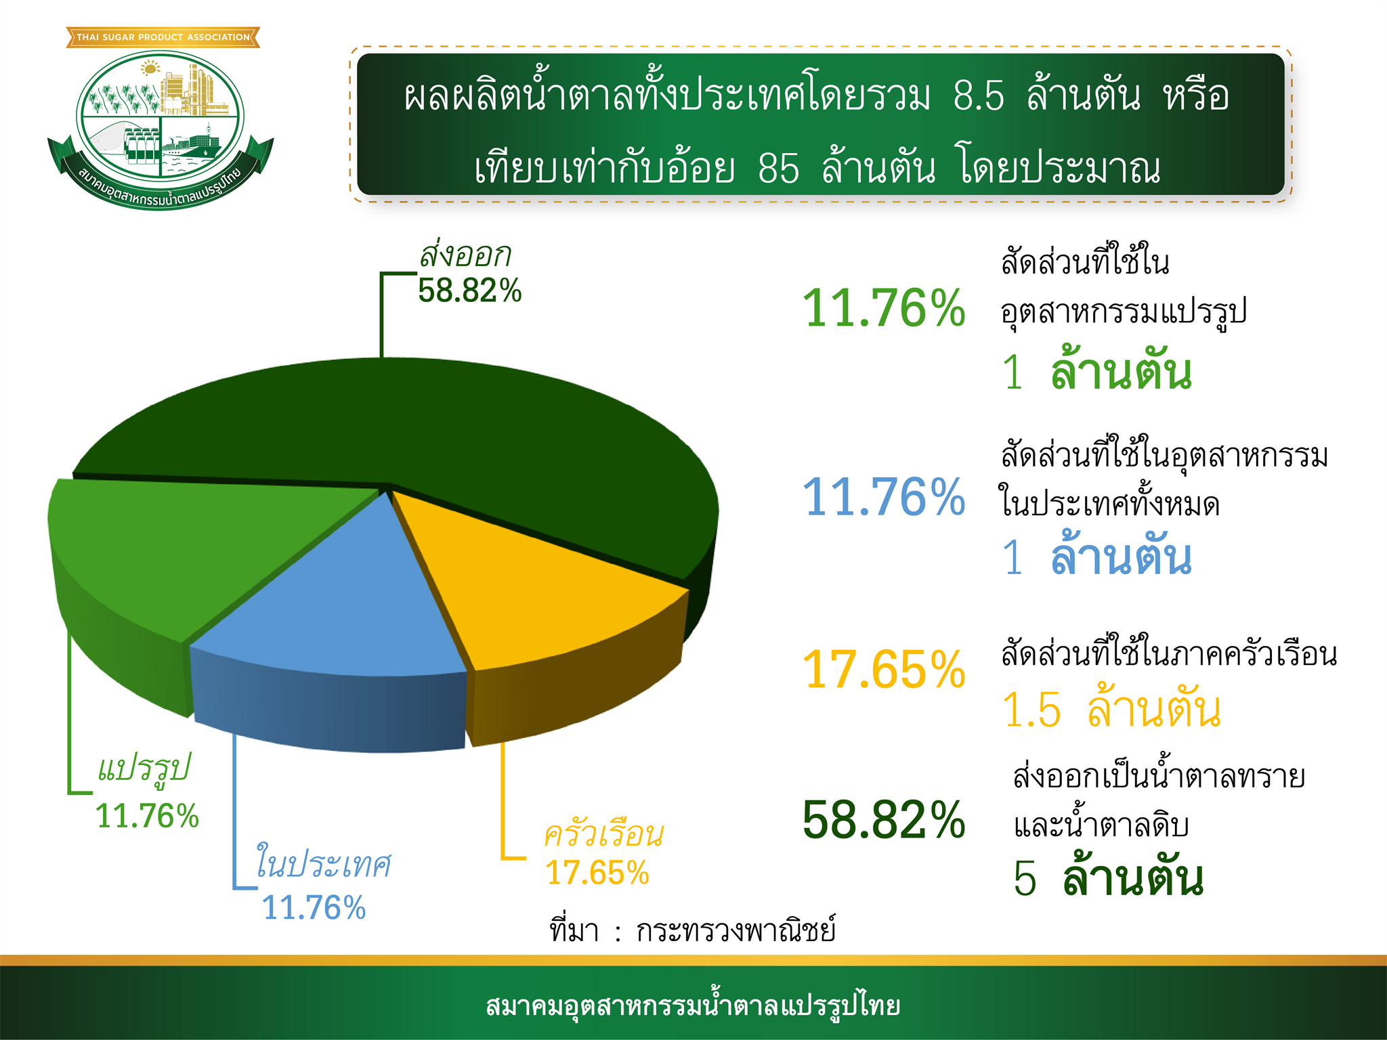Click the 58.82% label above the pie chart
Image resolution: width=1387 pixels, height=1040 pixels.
470,290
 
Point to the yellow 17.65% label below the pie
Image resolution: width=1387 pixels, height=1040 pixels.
597,872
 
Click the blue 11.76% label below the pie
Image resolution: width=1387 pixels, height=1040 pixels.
314,907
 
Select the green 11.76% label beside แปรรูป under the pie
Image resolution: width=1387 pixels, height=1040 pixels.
147,815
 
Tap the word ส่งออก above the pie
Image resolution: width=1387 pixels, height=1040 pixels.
465,255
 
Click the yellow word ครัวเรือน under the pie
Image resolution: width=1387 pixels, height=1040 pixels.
604,833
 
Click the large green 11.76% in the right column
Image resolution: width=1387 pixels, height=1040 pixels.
884,308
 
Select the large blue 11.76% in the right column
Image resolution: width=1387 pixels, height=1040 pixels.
884,497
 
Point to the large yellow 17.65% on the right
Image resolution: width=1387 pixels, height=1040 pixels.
884,670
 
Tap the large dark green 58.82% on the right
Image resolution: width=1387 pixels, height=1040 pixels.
884,819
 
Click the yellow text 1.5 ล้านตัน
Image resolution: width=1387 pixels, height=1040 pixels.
1111,708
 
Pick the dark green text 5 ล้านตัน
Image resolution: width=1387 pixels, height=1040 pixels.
1108,876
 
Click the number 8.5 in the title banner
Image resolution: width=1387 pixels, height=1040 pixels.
979,95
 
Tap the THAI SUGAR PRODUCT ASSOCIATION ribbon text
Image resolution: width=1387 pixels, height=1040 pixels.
163,37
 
